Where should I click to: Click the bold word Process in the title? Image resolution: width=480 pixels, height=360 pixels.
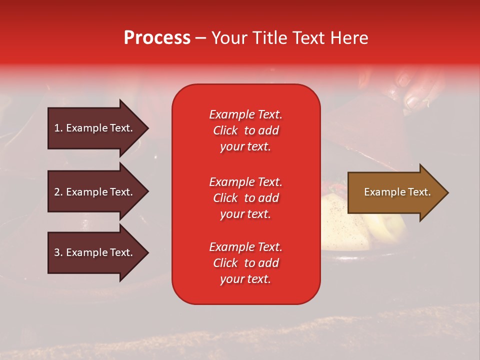157,38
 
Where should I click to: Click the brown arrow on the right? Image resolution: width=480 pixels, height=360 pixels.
395,192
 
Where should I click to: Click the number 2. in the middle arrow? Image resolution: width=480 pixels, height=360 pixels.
58,192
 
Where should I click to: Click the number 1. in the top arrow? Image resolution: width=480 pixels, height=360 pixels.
58,128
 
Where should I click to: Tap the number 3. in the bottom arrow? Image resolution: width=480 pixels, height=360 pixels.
58,252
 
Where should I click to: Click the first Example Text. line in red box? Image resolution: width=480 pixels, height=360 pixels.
245,114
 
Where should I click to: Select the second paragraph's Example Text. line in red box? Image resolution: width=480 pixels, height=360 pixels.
245,182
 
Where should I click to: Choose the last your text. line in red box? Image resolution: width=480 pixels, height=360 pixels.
245,279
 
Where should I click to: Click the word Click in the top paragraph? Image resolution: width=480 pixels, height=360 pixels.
225,130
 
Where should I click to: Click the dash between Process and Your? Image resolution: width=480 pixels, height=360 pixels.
200,38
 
